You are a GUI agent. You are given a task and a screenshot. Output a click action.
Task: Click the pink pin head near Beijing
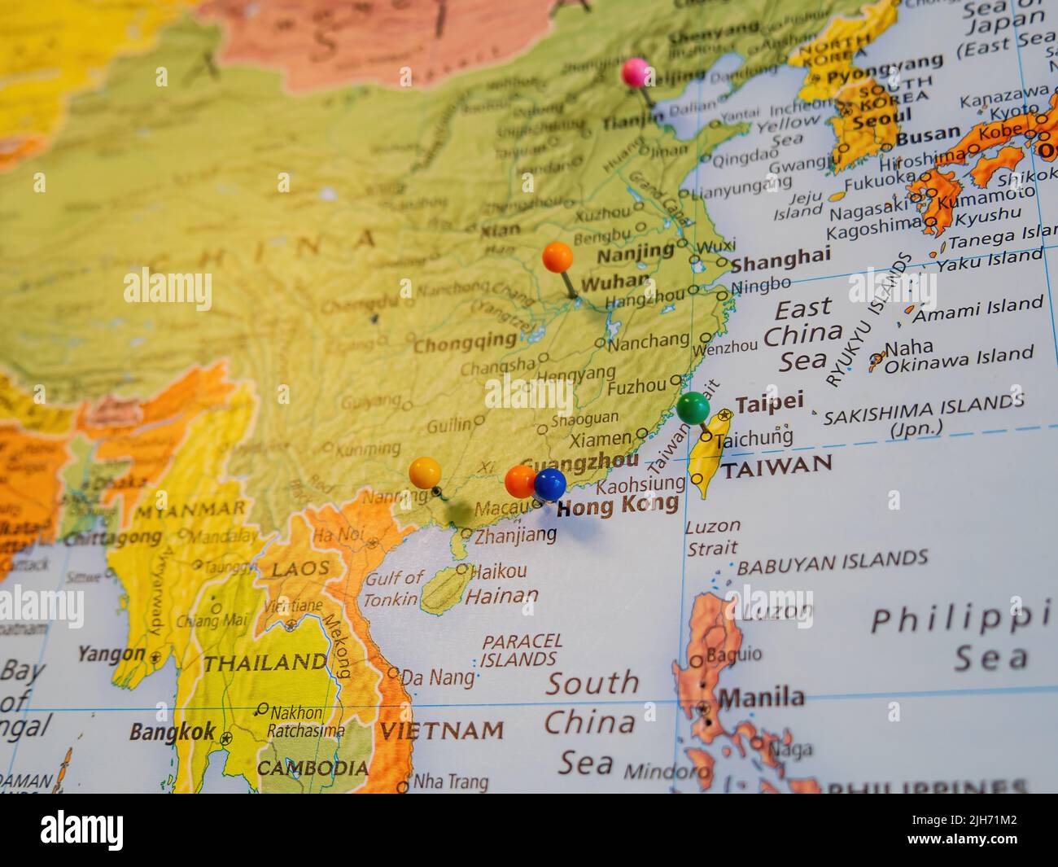pos(636,72)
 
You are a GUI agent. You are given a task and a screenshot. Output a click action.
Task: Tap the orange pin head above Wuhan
pos(557,257)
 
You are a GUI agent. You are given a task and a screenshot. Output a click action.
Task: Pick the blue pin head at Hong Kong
pos(550,484)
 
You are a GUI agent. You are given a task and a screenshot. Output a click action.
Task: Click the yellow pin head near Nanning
pos(425,471)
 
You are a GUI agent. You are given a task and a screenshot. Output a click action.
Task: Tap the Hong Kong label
pos(617,506)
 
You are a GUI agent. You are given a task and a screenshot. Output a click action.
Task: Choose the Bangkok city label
pos(173,731)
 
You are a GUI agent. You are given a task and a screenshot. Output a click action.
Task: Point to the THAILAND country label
pos(264,663)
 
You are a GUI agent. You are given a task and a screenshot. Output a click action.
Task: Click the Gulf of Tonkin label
pos(395,589)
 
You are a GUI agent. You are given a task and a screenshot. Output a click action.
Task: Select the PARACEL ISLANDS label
pos(522,649)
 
